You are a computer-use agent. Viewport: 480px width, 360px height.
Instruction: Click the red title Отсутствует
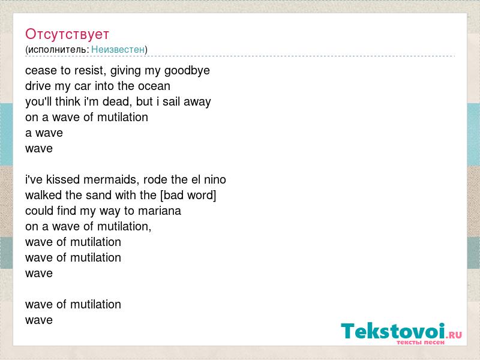pyautogui.click(x=67, y=34)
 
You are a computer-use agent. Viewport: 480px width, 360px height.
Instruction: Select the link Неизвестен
pyautogui.click(x=118, y=49)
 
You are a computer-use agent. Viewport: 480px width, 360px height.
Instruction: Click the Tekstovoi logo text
pyautogui.click(x=393, y=331)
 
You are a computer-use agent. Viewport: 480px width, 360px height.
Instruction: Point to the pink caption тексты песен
pyautogui.click(x=421, y=342)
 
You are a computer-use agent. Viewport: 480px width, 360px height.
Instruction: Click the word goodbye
pyautogui.click(x=187, y=71)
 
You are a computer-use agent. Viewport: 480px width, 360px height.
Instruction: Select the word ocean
pyautogui.click(x=154, y=86)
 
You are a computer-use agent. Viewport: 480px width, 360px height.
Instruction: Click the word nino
pyautogui.click(x=215, y=179)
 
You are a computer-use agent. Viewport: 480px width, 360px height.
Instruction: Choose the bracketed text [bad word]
pyautogui.click(x=188, y=196)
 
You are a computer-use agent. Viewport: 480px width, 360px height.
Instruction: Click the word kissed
pyautogui.click(x=63, y=179)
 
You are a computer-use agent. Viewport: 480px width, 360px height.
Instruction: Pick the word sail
pyautogui.click(x=171, y=101)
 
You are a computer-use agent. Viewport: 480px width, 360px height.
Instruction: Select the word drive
pyautogui.click(x=38, y=86)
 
